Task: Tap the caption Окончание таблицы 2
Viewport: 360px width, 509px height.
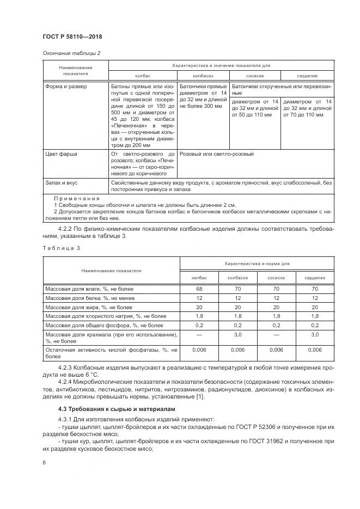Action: [71, 53]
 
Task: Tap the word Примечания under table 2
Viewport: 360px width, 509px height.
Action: [76, 198]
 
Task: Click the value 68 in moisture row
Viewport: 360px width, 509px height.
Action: [199, 288]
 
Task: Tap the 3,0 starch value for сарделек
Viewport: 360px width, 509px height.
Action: [313, 335]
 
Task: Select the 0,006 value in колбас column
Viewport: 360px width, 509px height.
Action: [199, 349]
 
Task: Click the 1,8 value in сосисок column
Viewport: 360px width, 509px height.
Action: [276, 316]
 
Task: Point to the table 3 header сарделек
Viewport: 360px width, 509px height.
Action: [314, 278]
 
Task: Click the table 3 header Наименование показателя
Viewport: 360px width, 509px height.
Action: [111, 270]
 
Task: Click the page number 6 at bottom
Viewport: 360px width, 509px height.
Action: [44, 463]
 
